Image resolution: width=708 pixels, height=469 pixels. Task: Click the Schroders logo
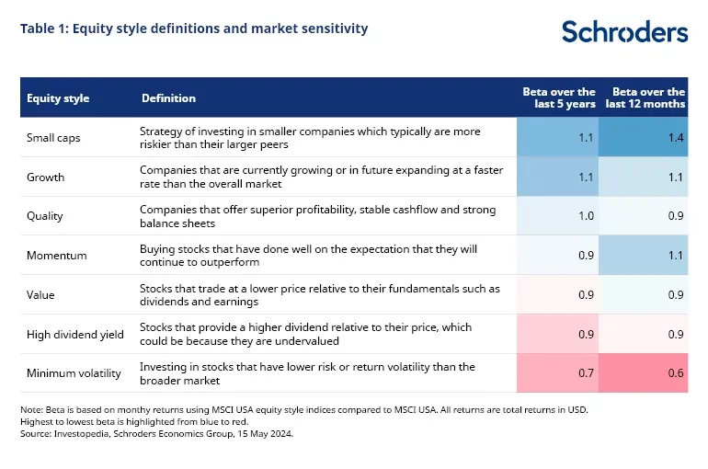coord(624,31)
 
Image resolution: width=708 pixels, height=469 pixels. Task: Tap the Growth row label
coord(44,177)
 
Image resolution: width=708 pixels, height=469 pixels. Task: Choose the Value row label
coord(40,294)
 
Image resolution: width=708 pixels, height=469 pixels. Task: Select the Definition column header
coord(168,98)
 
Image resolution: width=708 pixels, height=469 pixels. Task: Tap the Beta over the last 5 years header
coord(559,98)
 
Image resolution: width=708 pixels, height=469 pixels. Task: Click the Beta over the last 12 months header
coord(649,98)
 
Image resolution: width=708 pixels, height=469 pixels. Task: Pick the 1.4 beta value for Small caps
coord(676,137)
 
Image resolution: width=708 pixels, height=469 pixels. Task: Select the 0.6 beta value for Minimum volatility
coord(676,373)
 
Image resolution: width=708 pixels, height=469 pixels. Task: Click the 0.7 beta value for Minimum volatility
coord(586,373)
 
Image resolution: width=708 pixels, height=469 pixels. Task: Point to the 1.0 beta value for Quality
coord(586,216)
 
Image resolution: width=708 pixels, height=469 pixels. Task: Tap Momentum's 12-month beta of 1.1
coord(676,256)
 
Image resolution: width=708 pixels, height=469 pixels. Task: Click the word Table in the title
coord(37,29)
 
